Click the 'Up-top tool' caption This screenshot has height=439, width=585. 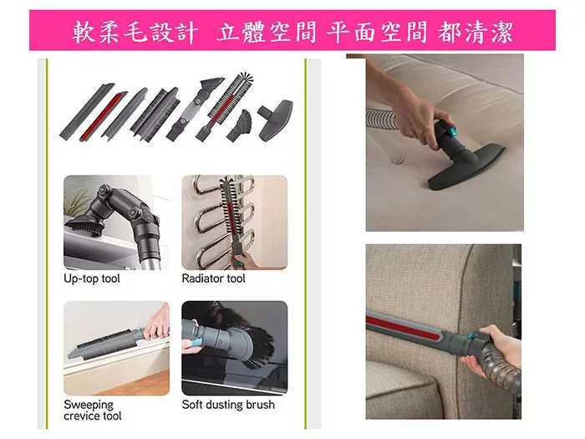click(92, 278)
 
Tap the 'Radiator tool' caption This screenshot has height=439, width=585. click(214, 278)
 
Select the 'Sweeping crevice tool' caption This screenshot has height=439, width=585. click(93, 410)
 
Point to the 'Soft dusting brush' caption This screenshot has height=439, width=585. click(228, 405)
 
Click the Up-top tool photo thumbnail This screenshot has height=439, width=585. click(116, 222)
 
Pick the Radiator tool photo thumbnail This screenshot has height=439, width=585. click(234, 222)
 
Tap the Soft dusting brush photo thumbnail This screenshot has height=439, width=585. click(234, 348)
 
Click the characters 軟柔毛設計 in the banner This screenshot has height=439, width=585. click(136, 32)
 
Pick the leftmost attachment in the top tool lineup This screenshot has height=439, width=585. click(79, 117)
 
